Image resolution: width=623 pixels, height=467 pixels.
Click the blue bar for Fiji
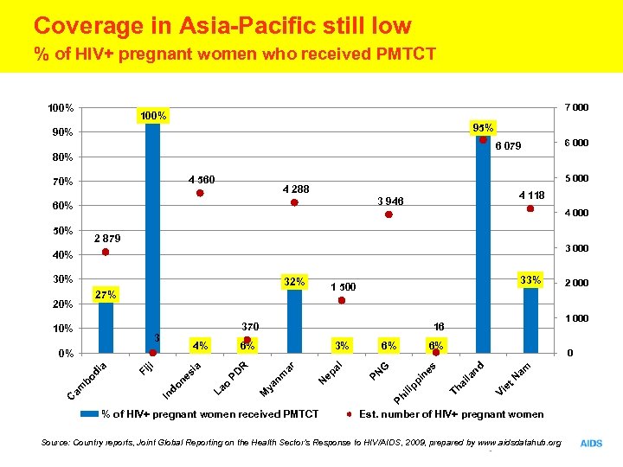(x=153, y=238)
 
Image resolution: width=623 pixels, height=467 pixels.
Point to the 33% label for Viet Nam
(x=530, y=279)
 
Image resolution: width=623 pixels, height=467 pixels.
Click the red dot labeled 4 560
(x=200, y=193)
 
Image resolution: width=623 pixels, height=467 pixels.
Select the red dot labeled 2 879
(x=106, y=252)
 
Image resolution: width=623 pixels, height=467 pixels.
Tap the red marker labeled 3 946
(x=389, y=214)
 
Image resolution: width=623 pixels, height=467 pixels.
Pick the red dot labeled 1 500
(x=342, y=300)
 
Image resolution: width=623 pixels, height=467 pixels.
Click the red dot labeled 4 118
(x=530, y=208)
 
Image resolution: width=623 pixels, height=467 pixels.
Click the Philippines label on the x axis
(x=415, y=384)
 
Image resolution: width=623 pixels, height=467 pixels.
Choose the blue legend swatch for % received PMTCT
(x=90, y=414)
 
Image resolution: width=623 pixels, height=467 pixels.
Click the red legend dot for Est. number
(x=350, y=414)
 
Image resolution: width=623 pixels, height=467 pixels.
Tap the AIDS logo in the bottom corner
(x=592, y=443)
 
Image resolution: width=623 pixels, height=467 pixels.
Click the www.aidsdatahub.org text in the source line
(x=517, y=443)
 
